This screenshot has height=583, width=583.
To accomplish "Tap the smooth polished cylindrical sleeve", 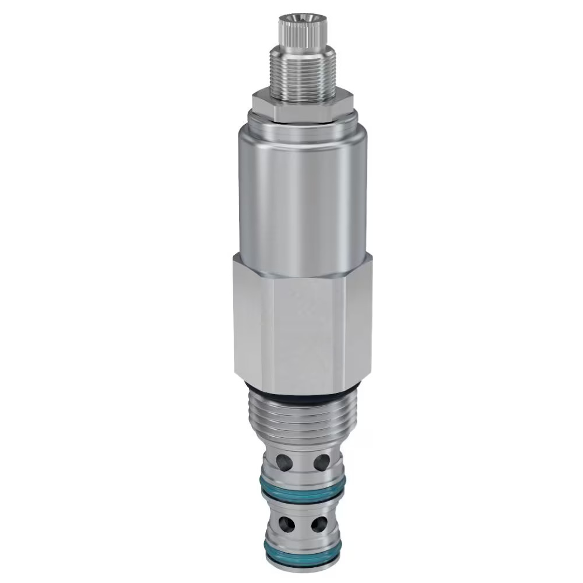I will pos(300,198).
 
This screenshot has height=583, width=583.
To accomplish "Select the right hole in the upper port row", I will pos(321,462).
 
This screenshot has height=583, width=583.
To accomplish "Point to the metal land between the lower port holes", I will pos(301,522).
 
